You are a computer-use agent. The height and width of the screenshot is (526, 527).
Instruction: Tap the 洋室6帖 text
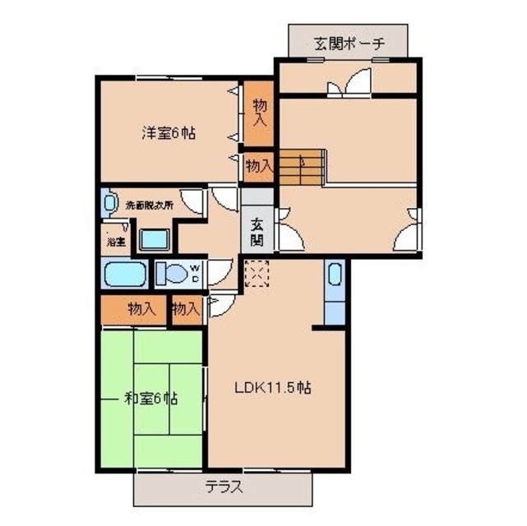click(169, 131)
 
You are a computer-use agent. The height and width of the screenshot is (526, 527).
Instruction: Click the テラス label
click(224, 487)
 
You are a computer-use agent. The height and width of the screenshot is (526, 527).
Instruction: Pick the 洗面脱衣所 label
click(149, 205)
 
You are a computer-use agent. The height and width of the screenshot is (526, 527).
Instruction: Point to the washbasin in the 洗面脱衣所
click(108, 203)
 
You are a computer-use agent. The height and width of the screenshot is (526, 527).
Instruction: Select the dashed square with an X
click(257, 274)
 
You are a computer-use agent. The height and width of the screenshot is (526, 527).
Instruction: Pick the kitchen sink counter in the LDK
click(334, 291)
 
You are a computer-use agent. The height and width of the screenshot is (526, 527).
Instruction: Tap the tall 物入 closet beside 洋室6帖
click(260, 112)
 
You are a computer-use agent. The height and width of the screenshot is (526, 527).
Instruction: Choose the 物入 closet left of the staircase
click(259, 166)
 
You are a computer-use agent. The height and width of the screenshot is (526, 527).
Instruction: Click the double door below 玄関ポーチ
click(349, 85)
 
